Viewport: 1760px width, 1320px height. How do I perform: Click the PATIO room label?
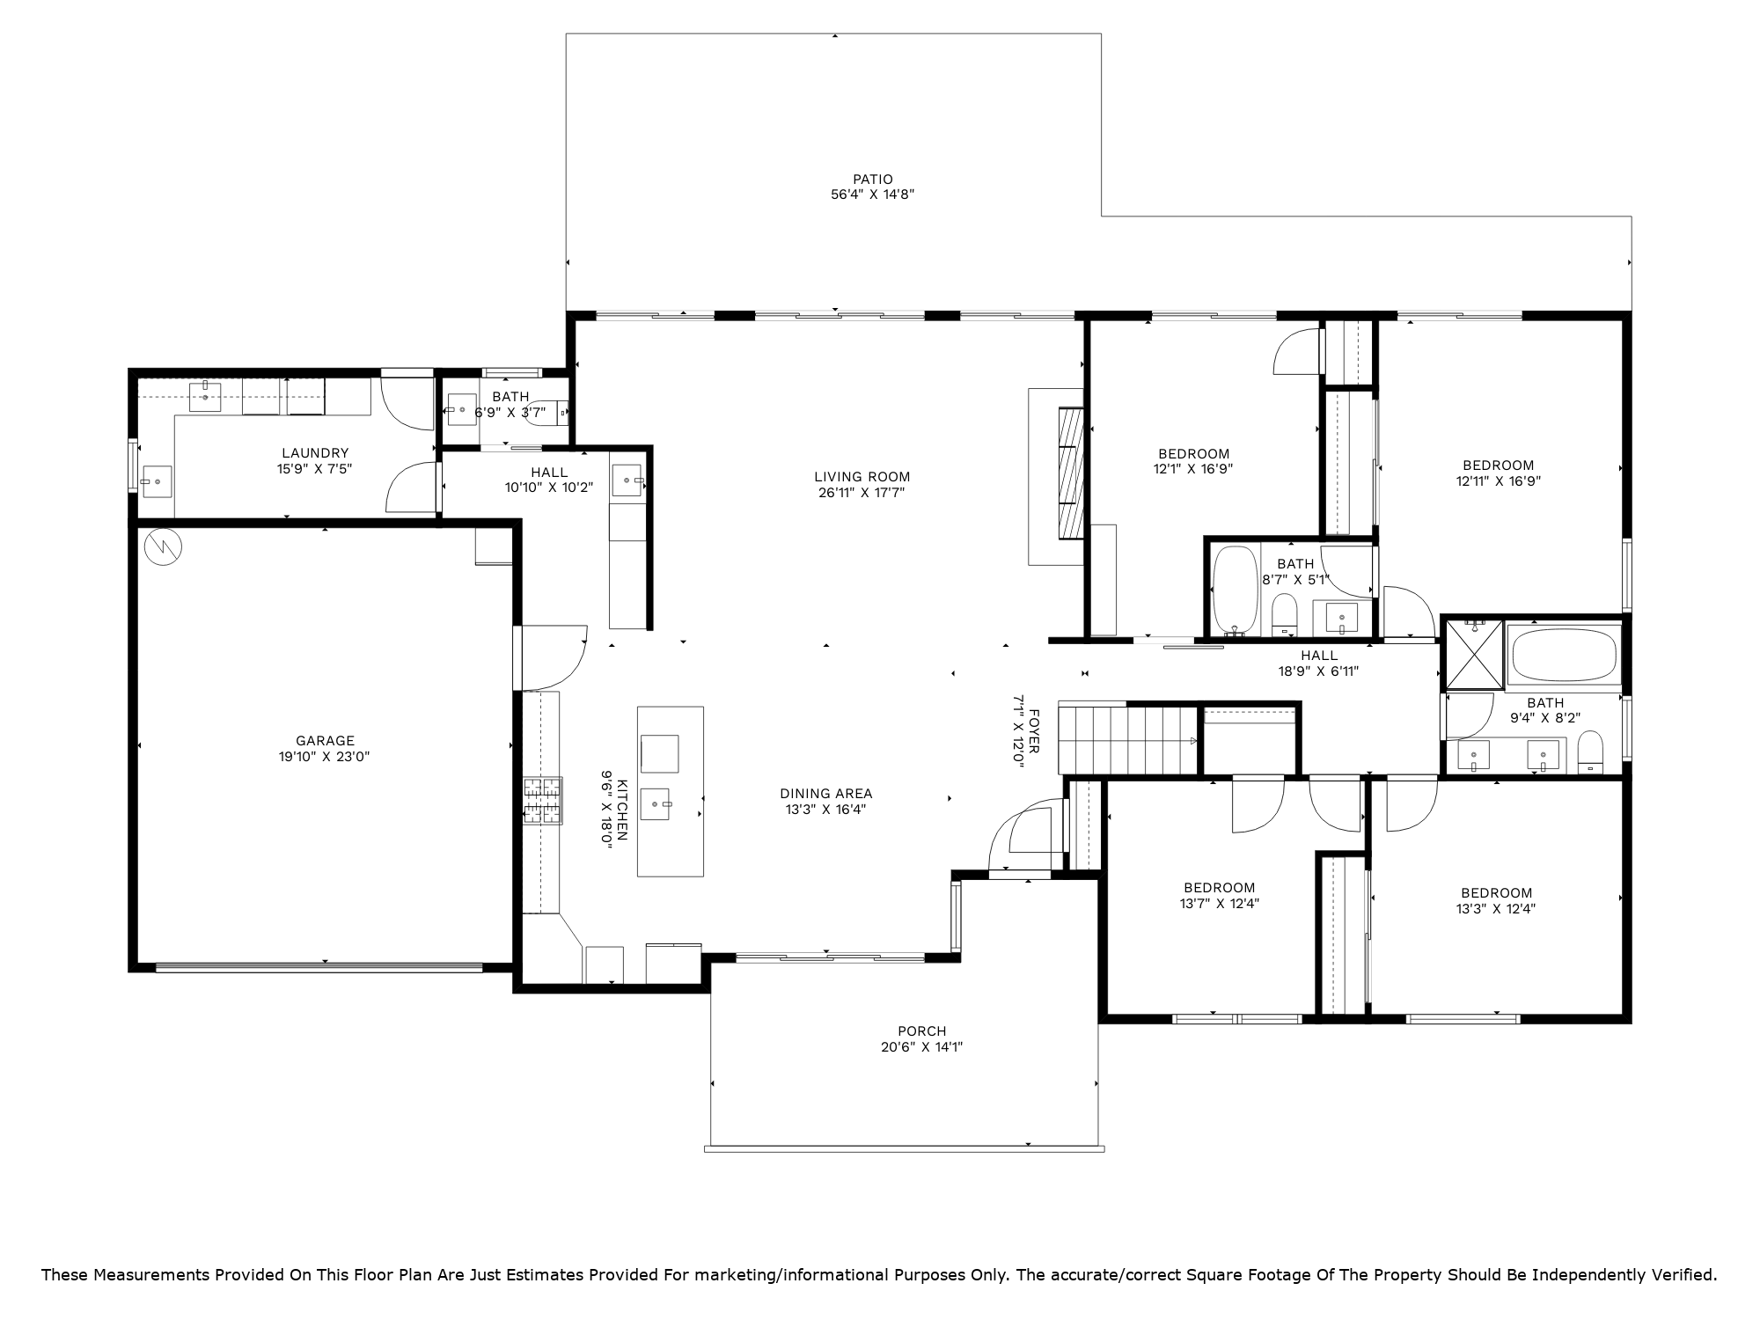872,180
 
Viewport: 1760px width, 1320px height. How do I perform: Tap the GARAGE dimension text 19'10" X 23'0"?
325,757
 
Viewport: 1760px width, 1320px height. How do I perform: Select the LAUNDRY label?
315,453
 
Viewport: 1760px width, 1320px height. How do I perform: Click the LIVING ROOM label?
862,477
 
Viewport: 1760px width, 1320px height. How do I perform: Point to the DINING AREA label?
826,794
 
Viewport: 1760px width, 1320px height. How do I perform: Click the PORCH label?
922,1031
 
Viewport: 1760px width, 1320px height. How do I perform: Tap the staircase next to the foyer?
1127,739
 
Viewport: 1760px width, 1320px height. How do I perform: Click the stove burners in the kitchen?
543,801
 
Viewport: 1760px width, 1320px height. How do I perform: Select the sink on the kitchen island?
656,803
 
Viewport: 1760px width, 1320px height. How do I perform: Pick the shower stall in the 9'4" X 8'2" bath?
1474,654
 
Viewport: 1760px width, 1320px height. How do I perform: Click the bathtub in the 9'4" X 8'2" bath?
1564,654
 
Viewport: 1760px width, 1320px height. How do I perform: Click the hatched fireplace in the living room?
1070,473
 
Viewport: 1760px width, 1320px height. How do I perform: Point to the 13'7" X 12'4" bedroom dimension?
1220,903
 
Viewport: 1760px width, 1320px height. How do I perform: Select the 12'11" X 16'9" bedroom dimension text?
1499,481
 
